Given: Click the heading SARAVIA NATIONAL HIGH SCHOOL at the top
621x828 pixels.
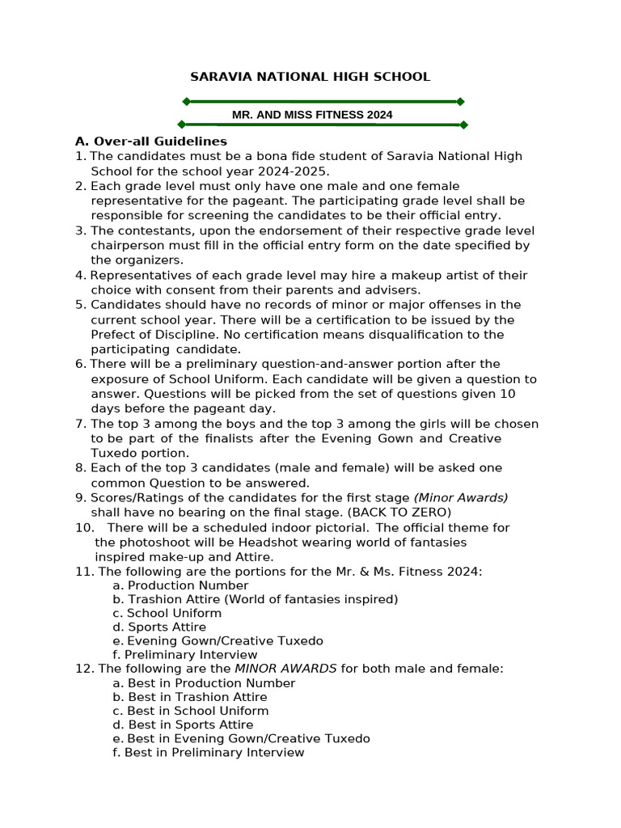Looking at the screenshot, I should [310, 77].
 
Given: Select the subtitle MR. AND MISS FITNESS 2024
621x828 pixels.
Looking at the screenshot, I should [312, 115].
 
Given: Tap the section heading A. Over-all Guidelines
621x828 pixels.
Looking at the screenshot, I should [151, 142].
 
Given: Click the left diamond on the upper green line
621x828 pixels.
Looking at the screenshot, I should [186, 101].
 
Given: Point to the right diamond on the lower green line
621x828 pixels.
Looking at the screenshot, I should [463, 125].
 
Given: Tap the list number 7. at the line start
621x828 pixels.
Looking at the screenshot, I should [80, 424].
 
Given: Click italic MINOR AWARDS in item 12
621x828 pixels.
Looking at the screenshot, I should [285, 669].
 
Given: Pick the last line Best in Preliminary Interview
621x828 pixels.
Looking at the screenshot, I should [209, 753].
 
